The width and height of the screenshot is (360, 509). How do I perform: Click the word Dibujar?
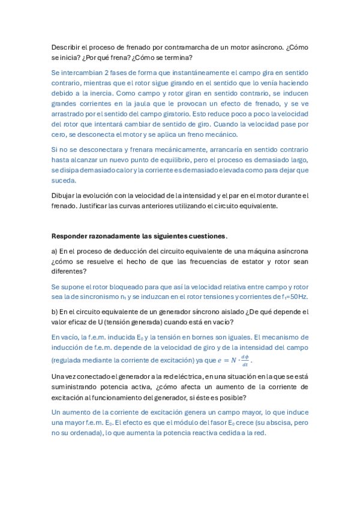pos(65,195)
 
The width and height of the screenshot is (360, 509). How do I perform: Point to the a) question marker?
pos(55,250)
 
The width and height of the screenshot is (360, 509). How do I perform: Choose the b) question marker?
pos(55,312)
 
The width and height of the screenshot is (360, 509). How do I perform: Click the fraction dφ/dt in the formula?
pos(245,360)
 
